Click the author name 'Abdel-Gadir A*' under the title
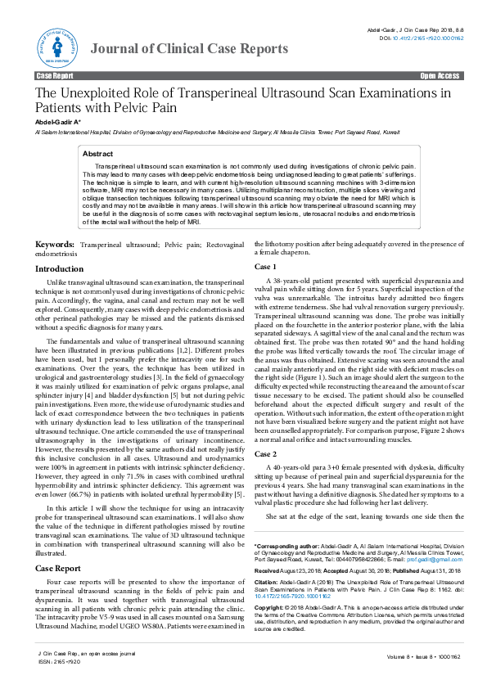pos(57,122)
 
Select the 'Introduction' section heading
pos(59,269)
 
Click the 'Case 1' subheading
pos(265,267)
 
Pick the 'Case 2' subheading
pos(265,453)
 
